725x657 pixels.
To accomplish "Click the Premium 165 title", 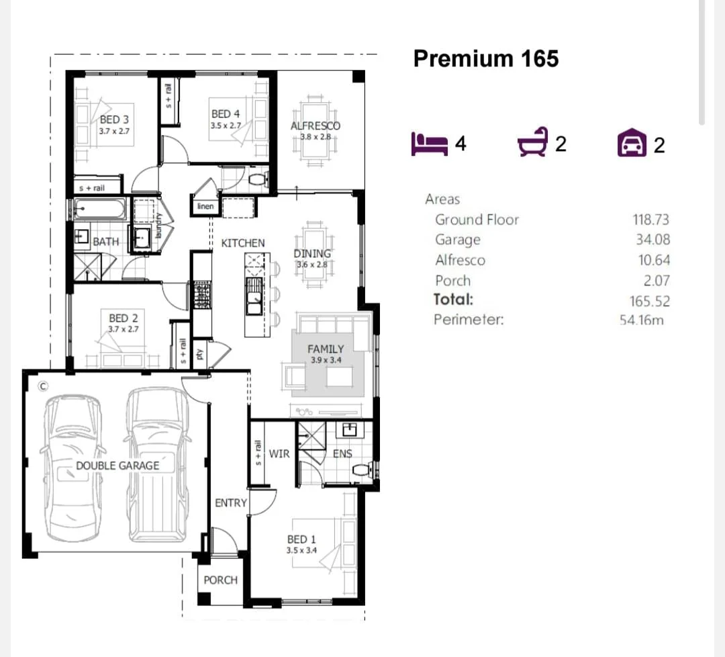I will coord(486,58).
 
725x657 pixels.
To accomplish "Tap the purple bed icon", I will coord(429,144).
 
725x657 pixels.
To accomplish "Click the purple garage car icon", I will coord(631,144).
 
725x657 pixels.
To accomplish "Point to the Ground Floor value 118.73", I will coord(650,220).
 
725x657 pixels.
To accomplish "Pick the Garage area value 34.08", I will coord(652,240).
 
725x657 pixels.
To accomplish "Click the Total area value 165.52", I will coord(649,301).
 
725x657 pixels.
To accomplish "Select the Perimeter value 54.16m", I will coord(642,320).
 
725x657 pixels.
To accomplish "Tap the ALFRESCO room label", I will coord(315,126).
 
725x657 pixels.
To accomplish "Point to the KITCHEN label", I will coord(243,243).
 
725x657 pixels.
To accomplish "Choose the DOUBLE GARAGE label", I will coord(117,465).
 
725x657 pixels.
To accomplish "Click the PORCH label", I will coord(220,580).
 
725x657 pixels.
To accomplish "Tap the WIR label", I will coord(279,454).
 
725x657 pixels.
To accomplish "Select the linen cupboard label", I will coord(205,206).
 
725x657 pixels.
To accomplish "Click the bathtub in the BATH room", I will coord(99,210).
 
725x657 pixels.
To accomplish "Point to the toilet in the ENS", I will coord(361,470).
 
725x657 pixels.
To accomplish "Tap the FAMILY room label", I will coord(326,349).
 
